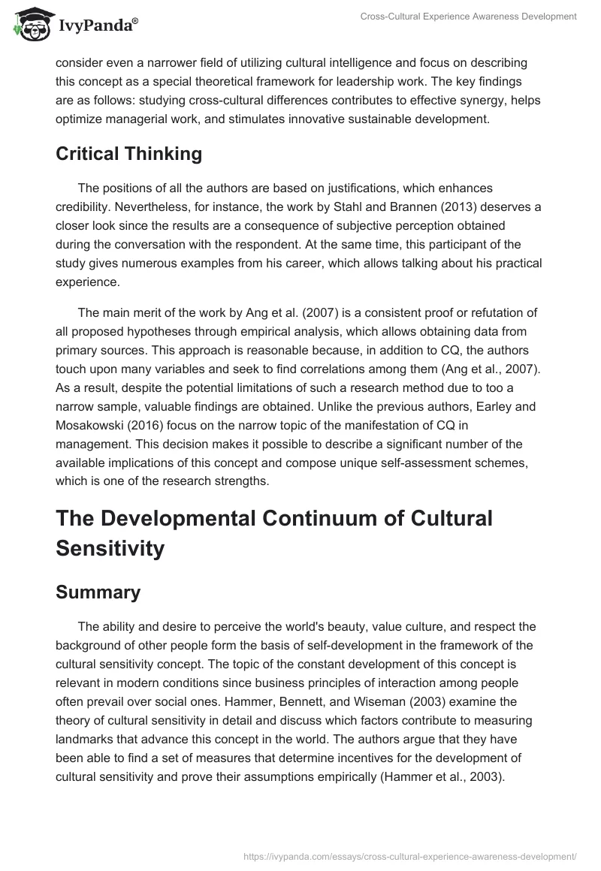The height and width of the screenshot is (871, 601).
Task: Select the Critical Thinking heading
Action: click(x=129, y=154)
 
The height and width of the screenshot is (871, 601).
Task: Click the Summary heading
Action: click(x=98, y=592)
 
